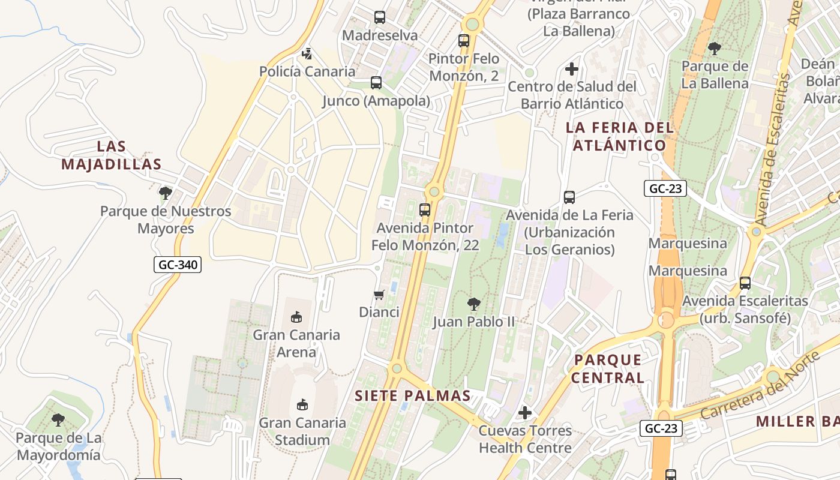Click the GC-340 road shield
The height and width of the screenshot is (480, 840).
[x=178, y=265]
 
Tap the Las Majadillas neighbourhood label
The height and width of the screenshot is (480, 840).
[x=112, y=155]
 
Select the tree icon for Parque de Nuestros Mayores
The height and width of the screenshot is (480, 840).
[x=165, y=193]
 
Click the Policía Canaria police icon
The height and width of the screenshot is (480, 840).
[x=307, y=54]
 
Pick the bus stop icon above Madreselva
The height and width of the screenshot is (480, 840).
[x=379, y=17]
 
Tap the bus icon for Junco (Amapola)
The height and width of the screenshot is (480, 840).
[x=376, y=83]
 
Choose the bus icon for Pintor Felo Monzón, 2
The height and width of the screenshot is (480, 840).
[x=464, y=41]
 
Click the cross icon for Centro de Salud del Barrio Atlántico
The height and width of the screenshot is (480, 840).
[x=572, y=69]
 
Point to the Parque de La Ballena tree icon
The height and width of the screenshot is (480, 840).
[x=714, y=49]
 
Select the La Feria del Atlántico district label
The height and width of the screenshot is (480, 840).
[x=620, y=136]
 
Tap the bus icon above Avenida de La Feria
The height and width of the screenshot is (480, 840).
[x=569, y=197]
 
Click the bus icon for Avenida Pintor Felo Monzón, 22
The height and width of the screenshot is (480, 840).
[x=425, y=210]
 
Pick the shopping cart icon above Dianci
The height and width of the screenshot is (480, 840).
[x=379, y=295]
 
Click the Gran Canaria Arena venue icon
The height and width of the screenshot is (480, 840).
[x=296, y=317]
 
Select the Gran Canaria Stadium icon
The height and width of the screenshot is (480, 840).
[x=302, y=405]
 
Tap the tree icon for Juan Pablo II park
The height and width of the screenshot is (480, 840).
[x=473, y=304]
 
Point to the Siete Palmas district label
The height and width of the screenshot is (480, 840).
[x=413, y=396]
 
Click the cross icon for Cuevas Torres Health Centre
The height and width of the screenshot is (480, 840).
[x=525, y=413]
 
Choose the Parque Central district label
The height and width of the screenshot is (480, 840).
[x=608, y=368]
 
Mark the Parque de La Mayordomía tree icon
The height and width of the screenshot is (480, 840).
[x=58, y=420]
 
